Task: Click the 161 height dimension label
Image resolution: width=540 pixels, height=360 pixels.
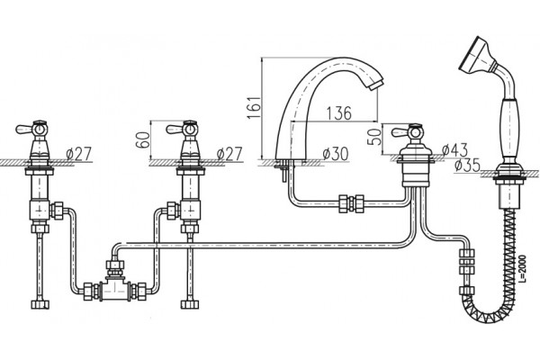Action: (255, 107)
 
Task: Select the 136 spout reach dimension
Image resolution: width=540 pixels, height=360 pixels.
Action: (339, 113)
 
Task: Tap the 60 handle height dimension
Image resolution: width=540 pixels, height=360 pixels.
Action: (143, 139)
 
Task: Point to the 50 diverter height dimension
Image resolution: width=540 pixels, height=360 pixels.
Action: (375, 137)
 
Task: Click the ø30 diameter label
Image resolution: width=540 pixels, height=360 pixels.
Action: (336, 154)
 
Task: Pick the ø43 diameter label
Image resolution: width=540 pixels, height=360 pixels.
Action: (454, 150)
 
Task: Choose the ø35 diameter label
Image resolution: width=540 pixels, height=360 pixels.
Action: (467, 166)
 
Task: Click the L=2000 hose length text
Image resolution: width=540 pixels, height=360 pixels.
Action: (523, 269)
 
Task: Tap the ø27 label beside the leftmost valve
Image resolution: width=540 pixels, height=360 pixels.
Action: (79, 154)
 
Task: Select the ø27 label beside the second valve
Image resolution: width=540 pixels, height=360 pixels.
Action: (229, 154)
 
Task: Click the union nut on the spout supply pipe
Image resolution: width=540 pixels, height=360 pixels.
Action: (351, 203)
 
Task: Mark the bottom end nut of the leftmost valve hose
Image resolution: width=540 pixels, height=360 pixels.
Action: (40, 304)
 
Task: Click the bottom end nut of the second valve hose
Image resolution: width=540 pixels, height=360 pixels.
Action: (190, 304)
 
